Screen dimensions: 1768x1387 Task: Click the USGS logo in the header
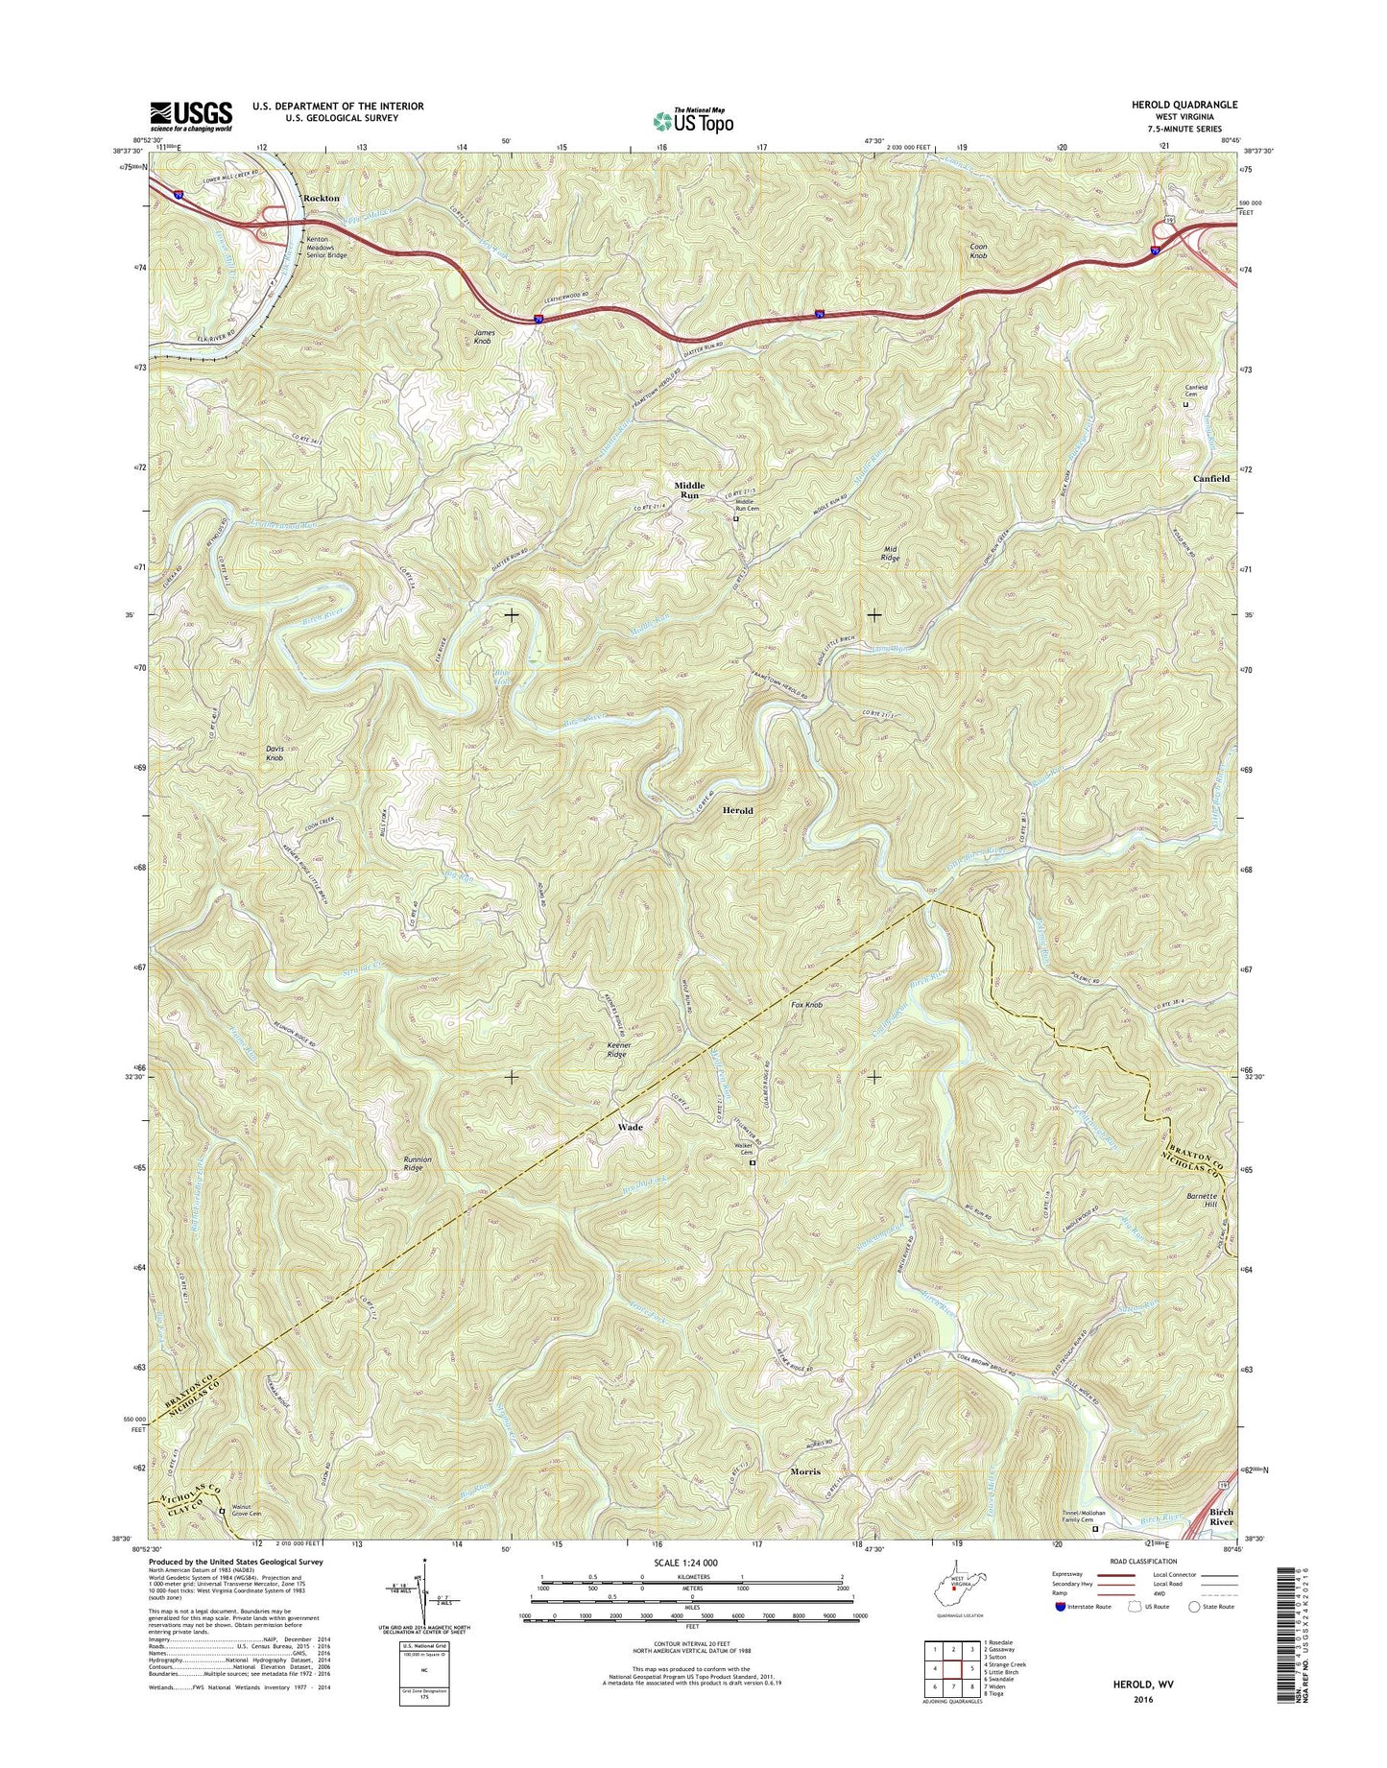tap(190, 115)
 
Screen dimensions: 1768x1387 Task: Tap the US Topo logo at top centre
tap(693, 120)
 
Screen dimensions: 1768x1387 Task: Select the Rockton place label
tap(321, 198)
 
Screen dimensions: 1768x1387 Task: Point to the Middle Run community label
tap(688, 490)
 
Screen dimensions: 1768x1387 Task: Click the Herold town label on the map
tap(737, 810)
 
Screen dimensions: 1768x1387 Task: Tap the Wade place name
tap(630, 1127)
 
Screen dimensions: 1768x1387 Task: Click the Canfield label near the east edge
tap(1210, 478)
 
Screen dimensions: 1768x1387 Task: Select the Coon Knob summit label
tap(978, 251)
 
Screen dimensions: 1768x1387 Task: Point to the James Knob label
tap(483, 336)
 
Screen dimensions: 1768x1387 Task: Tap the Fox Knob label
tap(806, 1005)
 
